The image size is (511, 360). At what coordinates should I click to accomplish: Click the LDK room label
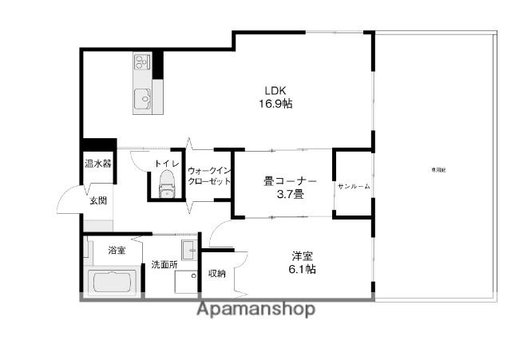(275, 89)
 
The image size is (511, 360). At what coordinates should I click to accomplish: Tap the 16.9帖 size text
(275, 104)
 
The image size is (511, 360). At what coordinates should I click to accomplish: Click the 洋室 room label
(301, 255)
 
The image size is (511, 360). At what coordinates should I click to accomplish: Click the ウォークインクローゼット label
(209, 176)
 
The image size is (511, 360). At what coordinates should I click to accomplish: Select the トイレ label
(166, 164)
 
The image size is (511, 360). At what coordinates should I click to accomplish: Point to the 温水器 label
(98, 164)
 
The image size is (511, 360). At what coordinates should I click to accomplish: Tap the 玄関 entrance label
(97, 200)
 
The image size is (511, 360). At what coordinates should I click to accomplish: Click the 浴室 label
(117, 251)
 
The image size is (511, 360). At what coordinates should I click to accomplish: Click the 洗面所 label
(164, 265)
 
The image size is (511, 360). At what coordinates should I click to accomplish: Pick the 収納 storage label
(216, 273)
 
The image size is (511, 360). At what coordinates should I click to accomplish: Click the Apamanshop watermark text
(255, 309)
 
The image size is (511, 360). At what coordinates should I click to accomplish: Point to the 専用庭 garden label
(438, 170)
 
